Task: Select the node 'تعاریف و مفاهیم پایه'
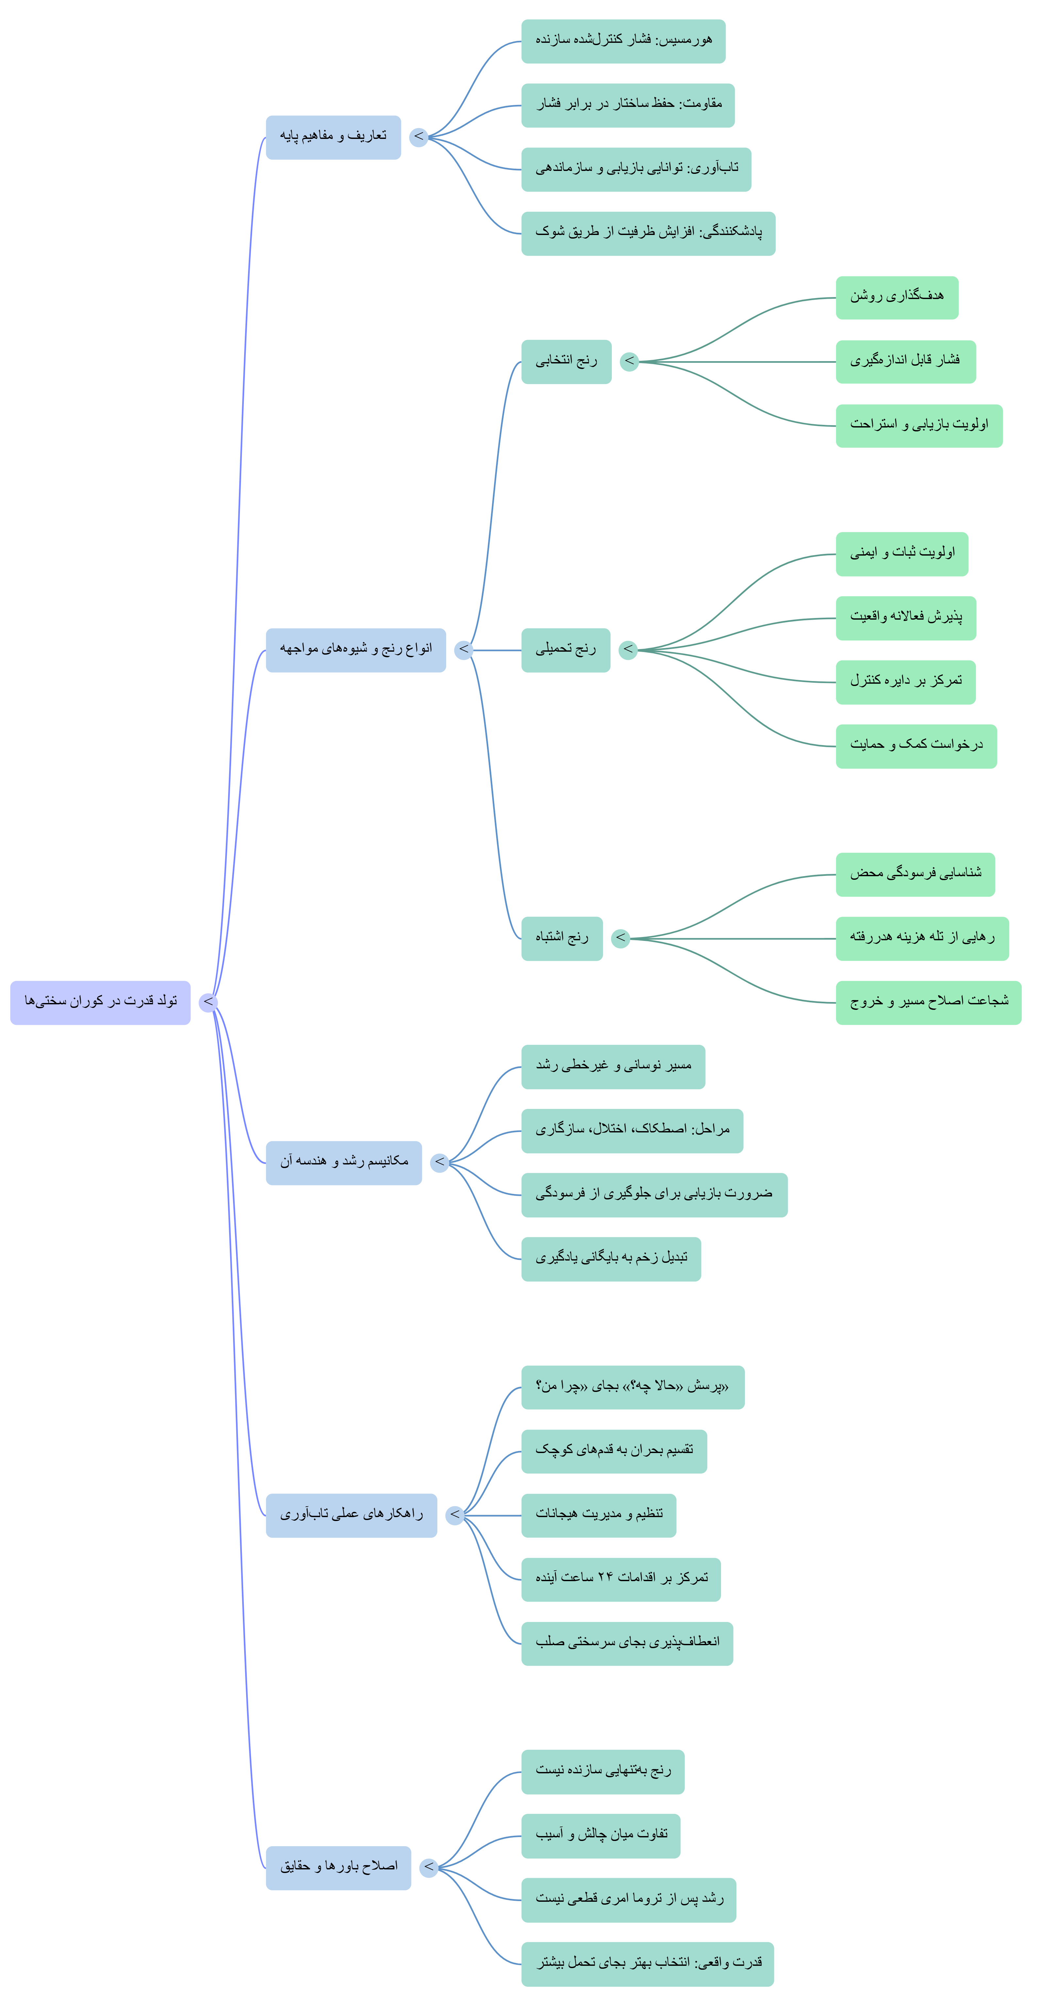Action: [333, 138]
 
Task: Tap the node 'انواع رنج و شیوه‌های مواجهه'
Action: [356, 650]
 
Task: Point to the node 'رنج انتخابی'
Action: [566, 362]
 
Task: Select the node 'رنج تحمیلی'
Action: [565, 650]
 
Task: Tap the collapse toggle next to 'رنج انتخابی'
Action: [629, 362]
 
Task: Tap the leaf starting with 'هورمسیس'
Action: [623, 41]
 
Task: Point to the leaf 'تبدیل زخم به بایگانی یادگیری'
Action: [611, 1259]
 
